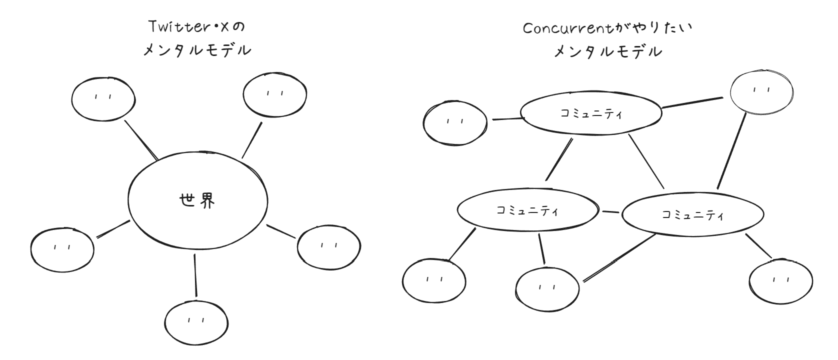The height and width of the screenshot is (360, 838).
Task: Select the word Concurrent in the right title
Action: [x=564, y=28]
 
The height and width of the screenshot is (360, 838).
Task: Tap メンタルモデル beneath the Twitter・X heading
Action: [x=197, y=50]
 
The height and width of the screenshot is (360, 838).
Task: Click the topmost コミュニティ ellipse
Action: [x=591, y=113]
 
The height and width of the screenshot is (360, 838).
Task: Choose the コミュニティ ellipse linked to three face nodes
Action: [x=692, y=215]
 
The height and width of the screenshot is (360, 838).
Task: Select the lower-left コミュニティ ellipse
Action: [x=528, y=210]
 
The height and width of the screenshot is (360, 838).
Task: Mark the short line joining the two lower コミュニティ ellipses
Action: [x=610, y=212]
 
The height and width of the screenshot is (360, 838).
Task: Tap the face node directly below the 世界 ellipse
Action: [x=196, y=320]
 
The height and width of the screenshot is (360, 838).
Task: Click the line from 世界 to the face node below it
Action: [x=195, y=275]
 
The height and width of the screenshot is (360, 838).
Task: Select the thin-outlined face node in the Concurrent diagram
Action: [x=761, y=91]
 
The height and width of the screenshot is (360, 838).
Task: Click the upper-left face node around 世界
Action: [x=103, y=98]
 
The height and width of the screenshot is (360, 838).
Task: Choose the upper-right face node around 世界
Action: [x=274, y=94]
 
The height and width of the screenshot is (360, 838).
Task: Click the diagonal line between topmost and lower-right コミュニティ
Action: [x=646, y=161]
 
